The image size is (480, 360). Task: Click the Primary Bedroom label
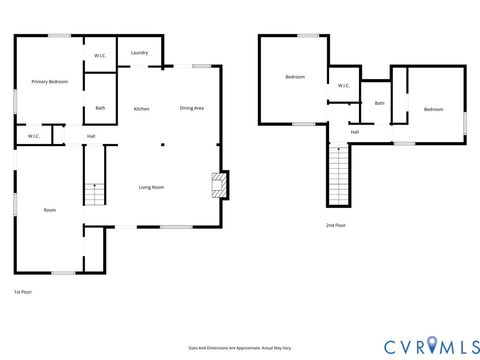pos(49,81)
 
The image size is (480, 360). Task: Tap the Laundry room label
pos(139,52)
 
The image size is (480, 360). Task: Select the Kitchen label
pos(142,108)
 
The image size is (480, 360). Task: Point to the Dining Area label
pos(192,108)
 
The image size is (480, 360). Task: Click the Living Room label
pos(151,187)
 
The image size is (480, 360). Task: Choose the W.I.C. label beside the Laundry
pos(101,54)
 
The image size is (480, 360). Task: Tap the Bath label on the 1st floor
pos(100,108)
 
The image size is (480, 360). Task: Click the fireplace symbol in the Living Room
pos(218,185)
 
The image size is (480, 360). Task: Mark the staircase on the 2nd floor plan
pos(338,175)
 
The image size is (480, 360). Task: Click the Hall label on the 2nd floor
pos(355,131)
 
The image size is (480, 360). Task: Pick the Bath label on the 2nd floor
pos(379,103)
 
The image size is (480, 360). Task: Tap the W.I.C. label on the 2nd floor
pos(343,85)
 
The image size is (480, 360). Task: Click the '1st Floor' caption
pos(24,291)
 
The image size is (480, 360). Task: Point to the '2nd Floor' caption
pos(337,226)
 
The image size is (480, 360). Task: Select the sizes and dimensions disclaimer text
pos(240,347)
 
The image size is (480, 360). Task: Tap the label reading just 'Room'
pos(49,210)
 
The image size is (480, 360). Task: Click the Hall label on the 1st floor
pos(91,136)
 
